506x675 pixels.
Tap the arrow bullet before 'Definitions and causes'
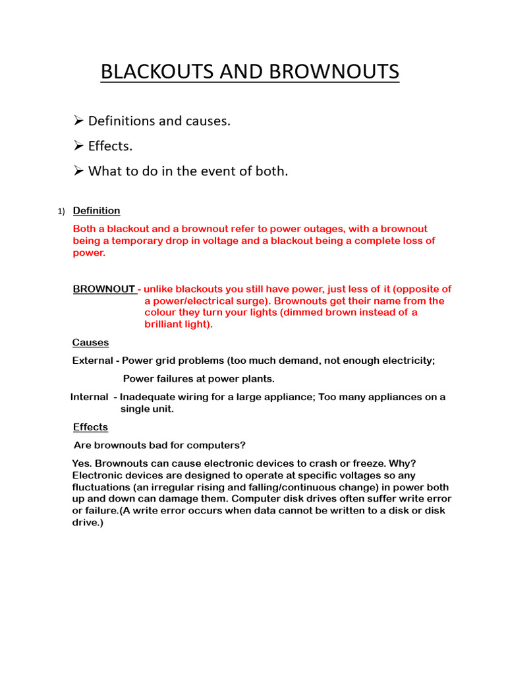pos(78,121)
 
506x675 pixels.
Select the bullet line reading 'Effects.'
pos(110,146)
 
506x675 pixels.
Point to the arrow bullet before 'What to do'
pos(78,171)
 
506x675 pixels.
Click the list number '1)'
pos(61,212)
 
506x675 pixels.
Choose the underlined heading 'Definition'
pos(96,211)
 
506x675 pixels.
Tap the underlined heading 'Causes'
pos(90,343)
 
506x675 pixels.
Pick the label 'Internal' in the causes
pos(89,397)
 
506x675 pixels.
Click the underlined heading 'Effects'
pos(90,427)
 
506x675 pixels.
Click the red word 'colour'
pos(161,312)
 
